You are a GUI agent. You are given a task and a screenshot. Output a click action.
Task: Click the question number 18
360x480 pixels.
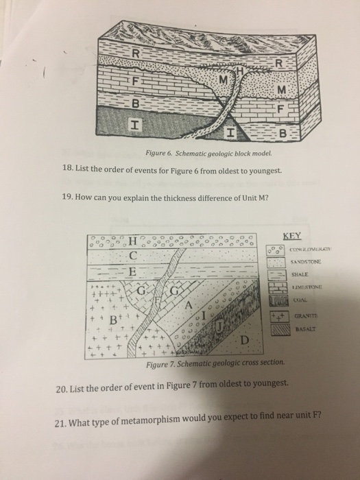click(x=67, y=167)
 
